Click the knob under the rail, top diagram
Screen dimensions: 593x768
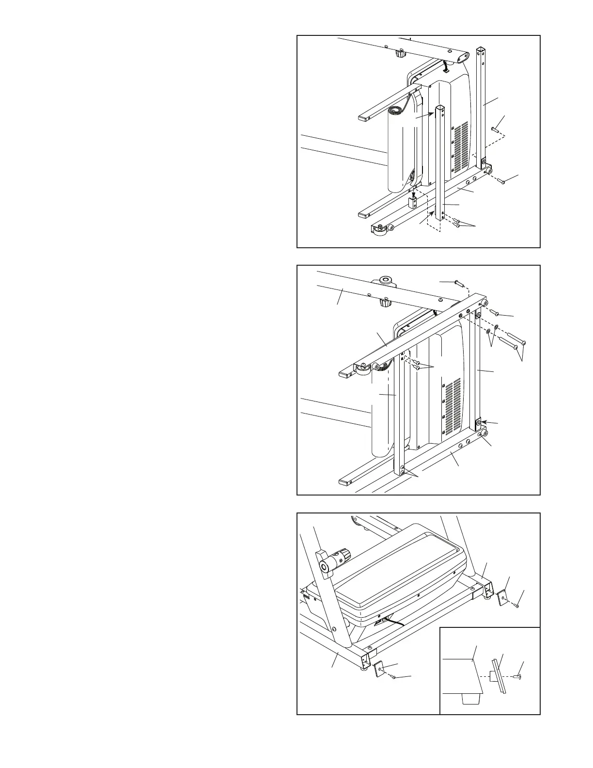[400, 53]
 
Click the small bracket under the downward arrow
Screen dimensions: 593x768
[413, 204]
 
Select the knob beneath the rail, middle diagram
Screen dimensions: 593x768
[385, 303]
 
